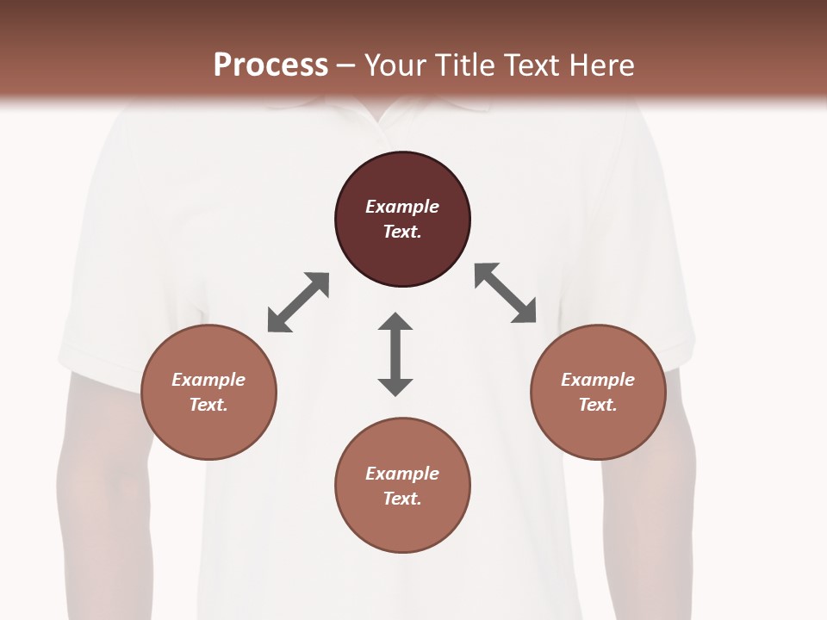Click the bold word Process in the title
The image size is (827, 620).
coord(270,65)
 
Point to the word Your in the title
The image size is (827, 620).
coord(395,65)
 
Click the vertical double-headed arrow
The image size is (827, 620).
coord(395,355)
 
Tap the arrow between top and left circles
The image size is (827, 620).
coord(298,302)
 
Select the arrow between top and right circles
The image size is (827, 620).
coord(506,293)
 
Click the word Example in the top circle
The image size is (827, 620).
coord(402,207)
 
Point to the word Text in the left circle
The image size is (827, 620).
coord(208,405)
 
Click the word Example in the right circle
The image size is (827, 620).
coord(598,380)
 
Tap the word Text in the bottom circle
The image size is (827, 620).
coord(402,499)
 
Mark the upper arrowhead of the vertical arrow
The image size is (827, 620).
coord(395,322)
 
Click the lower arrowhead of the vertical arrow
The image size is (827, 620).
coord(395,387)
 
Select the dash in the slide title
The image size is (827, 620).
coord(346,65)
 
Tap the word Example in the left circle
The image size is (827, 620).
coord(208,380)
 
